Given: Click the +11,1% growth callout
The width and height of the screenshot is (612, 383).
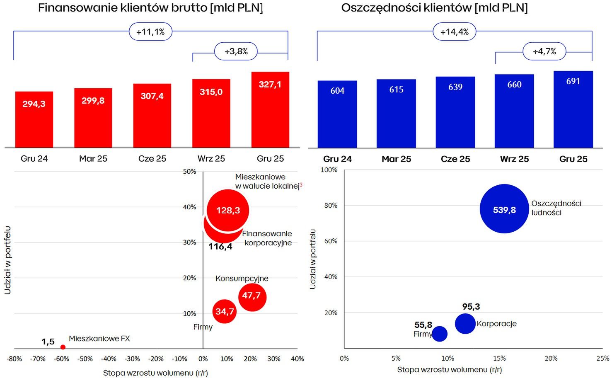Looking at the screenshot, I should click(x=150, y=32).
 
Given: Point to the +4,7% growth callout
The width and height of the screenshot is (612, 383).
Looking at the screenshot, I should click(x=544, y=51).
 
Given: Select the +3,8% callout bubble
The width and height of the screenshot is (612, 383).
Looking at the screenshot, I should click(x=236, y=51).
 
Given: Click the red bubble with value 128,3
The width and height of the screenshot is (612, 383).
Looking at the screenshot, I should click(x=228, y=210).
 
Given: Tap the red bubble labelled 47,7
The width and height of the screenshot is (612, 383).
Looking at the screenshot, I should click(x=252, y=297).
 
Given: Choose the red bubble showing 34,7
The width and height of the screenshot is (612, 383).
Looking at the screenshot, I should click(x=224, y=311).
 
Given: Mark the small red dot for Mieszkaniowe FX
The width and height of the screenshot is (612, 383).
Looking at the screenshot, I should click(x=63, y=347).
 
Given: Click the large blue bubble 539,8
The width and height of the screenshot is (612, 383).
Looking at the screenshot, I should click(x=504, y=208).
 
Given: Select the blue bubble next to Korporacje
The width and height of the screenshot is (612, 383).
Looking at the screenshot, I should click(x=465, y=323).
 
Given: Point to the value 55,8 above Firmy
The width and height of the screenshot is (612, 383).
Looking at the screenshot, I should click(x=423, y=325).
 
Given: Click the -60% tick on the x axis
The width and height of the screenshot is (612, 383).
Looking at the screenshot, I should click(x=61, y=359).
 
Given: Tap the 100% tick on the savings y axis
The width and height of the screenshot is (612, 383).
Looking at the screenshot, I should click(x=329, y=170).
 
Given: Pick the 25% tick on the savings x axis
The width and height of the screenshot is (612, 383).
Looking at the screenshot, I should click(x=602, y=358).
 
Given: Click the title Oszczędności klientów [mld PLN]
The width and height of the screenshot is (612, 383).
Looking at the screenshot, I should click(x=434, y=8).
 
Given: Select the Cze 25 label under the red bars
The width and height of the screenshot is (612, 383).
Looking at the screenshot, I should click(x=152, y=158).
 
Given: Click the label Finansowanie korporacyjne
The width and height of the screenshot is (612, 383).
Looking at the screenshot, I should click(x=267, y=238).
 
